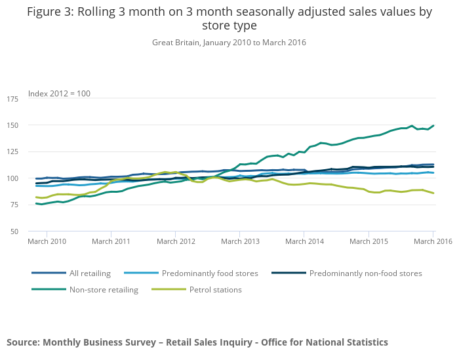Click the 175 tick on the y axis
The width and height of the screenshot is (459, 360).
12,99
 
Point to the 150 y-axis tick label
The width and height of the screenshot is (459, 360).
12,125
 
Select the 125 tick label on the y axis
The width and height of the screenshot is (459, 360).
12,152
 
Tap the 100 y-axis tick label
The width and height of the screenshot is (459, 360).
12,178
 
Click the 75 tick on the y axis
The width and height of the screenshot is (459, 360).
14,205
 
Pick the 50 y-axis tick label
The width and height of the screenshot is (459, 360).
14,231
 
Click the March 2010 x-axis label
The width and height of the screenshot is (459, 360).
47,241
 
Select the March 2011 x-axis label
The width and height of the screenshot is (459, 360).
111,241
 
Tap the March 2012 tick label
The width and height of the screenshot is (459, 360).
176,241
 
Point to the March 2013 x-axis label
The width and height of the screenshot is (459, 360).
240,241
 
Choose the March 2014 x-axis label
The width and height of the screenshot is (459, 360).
304,241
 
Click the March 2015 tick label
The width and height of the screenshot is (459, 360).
369,241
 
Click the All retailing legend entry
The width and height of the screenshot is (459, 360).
90,273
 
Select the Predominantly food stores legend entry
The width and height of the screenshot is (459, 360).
210,273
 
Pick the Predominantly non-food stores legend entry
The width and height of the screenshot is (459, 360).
365,273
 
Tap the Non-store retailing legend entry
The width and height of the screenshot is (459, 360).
104,290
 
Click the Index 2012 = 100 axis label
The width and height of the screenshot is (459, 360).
59,94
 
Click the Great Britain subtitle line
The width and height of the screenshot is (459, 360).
229,43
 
